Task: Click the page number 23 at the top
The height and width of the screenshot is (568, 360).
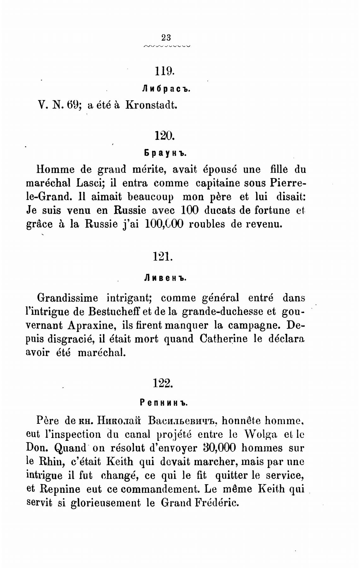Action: (166, 38)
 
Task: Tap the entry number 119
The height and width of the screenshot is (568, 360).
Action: (165, 71)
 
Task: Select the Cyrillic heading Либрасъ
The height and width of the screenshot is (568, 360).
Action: (165, 89)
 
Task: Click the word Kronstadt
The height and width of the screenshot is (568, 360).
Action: (151, 105)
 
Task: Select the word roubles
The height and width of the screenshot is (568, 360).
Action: (208, 224)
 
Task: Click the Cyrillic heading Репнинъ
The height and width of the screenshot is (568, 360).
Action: (164, 403)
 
